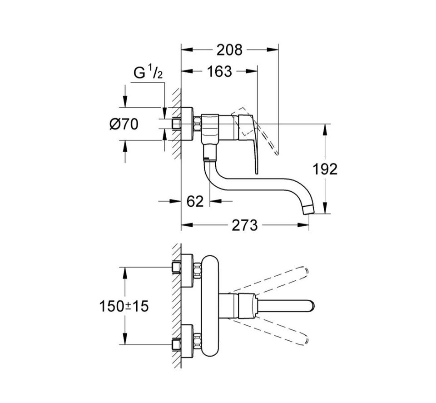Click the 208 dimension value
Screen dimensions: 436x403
point(229,50)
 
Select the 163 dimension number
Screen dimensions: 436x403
point(219,71)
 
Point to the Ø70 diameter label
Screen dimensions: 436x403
point(124,124)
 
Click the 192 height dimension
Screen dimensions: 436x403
point(325,169)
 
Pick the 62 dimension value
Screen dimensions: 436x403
point(195,201)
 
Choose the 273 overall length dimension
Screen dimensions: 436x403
point(245,225)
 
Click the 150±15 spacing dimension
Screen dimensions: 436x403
point(124,306)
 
